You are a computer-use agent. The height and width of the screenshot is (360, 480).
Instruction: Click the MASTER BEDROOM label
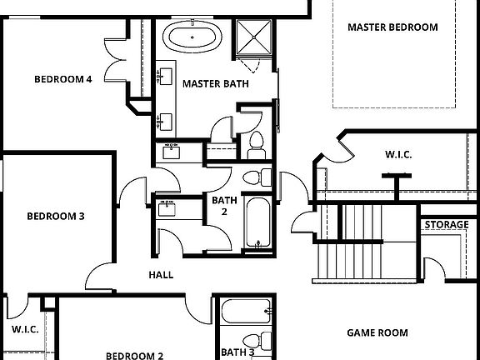point(392,27)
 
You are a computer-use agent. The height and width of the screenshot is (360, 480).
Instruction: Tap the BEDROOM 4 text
point(62,80)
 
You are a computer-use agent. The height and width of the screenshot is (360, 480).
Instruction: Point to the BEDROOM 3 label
point(56,216)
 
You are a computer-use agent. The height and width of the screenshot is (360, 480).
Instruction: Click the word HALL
point(161,274)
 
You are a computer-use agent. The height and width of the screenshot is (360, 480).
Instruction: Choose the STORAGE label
point(446,225)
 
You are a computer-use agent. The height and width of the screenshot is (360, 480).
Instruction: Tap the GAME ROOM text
point(377,332)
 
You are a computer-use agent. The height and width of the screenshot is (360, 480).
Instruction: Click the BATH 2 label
point(224,206)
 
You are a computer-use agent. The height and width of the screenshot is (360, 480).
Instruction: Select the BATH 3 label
point(237,352)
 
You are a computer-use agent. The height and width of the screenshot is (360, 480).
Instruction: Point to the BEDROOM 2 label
point(134,356)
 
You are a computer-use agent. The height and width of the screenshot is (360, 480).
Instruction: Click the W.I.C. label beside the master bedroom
point(398,155)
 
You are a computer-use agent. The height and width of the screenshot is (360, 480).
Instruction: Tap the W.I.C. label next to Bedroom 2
point(25,329)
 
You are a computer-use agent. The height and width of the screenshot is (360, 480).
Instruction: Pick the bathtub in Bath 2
point(257,222)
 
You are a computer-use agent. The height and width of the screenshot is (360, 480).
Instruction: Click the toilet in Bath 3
point(258,341)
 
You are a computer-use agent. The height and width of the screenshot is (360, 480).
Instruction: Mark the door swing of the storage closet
point(433,267)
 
